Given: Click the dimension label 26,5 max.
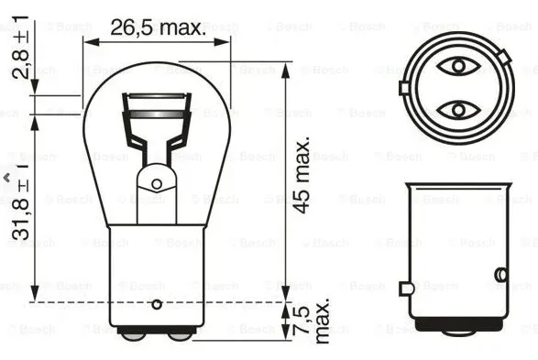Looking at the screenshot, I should (x=159, y=27).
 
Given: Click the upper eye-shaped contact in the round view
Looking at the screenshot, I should (x=454, y=66).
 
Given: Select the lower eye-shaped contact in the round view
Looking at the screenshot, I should (x=454, y=111).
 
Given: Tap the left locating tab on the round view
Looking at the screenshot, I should (x=403, y=89).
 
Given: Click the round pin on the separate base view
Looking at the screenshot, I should (x=500, y=274).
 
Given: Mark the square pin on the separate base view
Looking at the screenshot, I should (x=406, y=288).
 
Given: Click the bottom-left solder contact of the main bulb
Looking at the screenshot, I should (x=135, y=335).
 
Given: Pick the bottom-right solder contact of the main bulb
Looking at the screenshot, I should (x=180, y=335).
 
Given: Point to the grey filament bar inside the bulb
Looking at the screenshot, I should (x=157, y=114).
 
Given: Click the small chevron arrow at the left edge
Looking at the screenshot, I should (x=5, y=174).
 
